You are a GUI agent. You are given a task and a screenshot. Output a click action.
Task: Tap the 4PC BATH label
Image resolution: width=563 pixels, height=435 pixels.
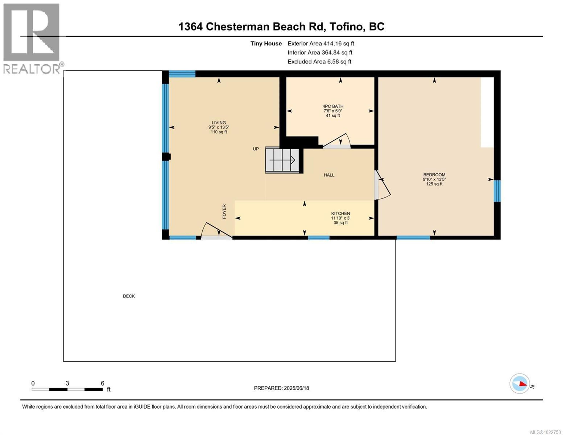333,106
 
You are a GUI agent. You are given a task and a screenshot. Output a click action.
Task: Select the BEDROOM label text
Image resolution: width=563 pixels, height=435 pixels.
434,175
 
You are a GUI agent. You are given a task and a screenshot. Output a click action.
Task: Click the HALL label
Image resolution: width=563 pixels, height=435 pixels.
329,175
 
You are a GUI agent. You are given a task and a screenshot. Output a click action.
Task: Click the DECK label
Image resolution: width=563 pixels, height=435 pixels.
129,296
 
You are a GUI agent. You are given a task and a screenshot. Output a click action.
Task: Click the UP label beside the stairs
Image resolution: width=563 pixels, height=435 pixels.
255,149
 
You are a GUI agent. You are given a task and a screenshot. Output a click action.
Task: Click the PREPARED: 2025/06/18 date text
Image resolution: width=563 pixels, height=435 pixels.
281,388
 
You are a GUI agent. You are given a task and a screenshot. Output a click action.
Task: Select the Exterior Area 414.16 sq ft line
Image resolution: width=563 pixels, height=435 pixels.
321,44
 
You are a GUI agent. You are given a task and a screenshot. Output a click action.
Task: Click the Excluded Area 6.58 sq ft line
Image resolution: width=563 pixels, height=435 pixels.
319,62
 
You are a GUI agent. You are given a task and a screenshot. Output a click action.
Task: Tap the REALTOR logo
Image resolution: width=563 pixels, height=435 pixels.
32,39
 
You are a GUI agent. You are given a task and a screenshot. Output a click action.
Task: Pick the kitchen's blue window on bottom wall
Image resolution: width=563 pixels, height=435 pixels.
319,238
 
